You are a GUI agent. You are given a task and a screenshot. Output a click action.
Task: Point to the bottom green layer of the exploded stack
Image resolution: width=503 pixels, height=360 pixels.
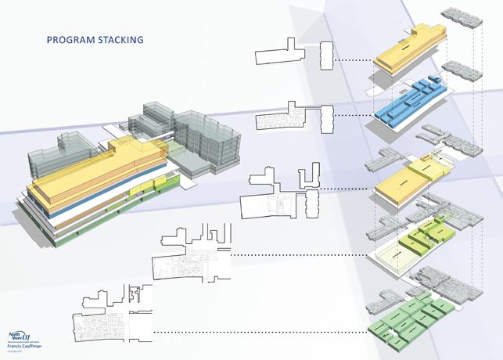pyautogui.click(x=411, y=320)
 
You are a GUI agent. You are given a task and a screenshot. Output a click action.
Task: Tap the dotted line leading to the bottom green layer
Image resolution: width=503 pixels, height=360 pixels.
pyautogui.click(x=258, y=332)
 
